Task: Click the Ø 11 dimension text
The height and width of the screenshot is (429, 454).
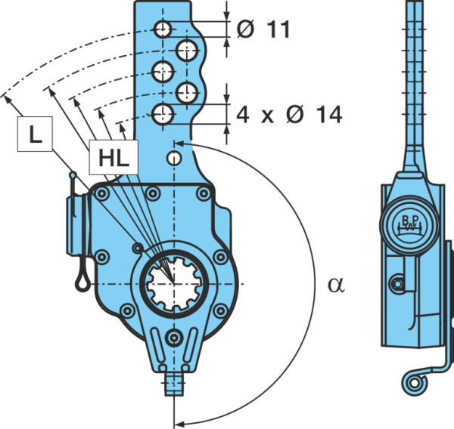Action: tap(263, 29)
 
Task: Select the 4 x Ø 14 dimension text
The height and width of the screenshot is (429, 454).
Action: tap(289, 115)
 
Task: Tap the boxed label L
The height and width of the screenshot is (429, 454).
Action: tap(35, 134)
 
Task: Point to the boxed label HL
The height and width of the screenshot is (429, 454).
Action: tap(113, 158)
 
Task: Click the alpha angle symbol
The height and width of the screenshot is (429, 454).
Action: tap(336, 285)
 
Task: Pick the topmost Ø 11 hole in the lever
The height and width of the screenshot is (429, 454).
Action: tap(163, 29)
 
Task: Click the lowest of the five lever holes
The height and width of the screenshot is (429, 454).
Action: tap(163, 115)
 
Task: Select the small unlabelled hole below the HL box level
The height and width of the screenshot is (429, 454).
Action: tap(174, 158)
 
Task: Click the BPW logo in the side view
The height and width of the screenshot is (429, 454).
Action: tap(410, 224)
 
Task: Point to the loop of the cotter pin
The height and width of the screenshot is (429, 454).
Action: tap(82, 281)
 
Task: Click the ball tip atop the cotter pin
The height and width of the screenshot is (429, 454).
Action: tap(73, 175)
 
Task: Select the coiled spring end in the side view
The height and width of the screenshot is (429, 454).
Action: tap(414, 383)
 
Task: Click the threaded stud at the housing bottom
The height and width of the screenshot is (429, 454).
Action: tap(174, 384)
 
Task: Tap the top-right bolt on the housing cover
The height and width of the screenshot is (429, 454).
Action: tap(204, 193)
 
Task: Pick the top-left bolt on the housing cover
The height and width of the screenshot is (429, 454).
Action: tap(102, 193)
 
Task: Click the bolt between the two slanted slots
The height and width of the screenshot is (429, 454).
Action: tap(174, 338)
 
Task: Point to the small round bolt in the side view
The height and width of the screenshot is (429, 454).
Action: tap(398, 284)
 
